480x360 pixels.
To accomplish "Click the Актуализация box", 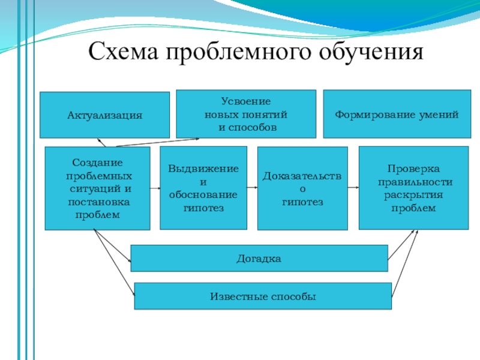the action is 105,114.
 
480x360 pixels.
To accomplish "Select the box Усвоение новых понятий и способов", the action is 246,113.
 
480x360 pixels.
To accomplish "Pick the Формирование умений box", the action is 397,113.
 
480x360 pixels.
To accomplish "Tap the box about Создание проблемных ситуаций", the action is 98,188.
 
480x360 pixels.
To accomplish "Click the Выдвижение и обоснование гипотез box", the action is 203,188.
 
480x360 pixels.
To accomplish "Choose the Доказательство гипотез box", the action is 302,188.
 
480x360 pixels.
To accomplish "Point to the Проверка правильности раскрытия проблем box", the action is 413,187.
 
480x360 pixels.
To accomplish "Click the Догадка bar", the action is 259,259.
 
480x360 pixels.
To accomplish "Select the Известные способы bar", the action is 263,296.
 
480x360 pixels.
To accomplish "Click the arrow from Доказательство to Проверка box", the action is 353,188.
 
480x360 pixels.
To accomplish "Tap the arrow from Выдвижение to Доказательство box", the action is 252,188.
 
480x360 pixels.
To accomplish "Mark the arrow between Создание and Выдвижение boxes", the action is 155,188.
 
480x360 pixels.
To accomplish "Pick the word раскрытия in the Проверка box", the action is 413,196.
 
